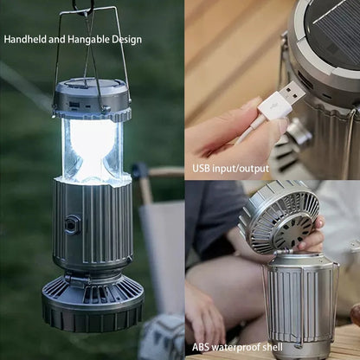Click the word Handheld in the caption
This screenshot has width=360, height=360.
(25, 39)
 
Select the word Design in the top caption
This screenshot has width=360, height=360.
(126, 40)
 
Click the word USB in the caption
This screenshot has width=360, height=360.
(201, 168)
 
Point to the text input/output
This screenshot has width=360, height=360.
(241, 169)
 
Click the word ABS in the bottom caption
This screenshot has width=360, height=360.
(200, 347)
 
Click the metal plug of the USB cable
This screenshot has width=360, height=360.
(292, 92)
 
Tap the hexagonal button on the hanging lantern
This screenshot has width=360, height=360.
(71, 224)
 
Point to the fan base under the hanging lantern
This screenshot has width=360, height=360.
(93, 300)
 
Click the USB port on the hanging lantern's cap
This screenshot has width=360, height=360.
(73, 104)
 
